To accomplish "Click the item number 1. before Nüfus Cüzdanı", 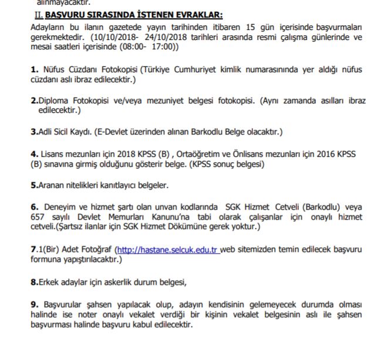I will coord(35,69).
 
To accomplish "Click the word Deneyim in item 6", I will coord(61,207).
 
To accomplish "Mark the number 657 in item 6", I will coord(38,217).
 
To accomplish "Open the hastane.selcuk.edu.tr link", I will coord(168,249).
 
